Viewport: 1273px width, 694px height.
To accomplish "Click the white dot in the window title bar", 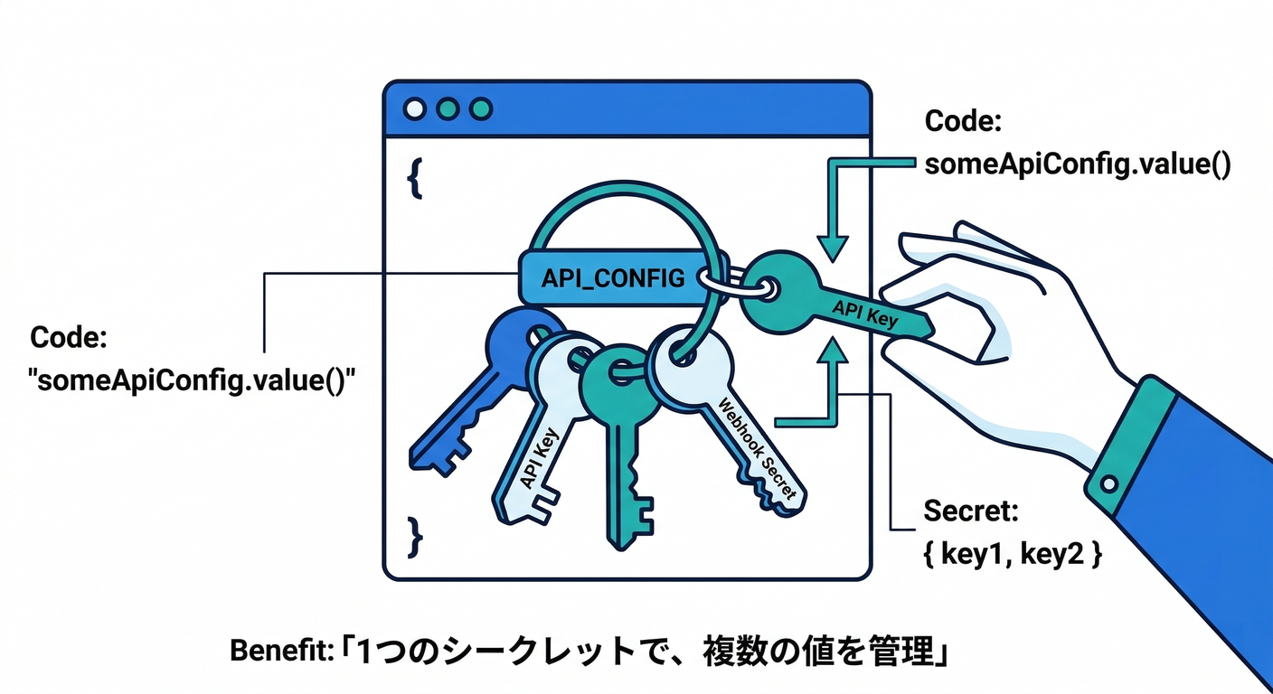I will click(x=415, y=110).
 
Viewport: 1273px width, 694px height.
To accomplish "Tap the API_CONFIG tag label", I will click(x=612, y=277).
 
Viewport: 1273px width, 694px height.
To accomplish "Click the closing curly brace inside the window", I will click(x=415, y=536).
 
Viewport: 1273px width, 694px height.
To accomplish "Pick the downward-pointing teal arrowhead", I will click(x=832, y=247).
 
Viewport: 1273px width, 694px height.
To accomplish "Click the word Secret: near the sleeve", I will click(x=970, y=511).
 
